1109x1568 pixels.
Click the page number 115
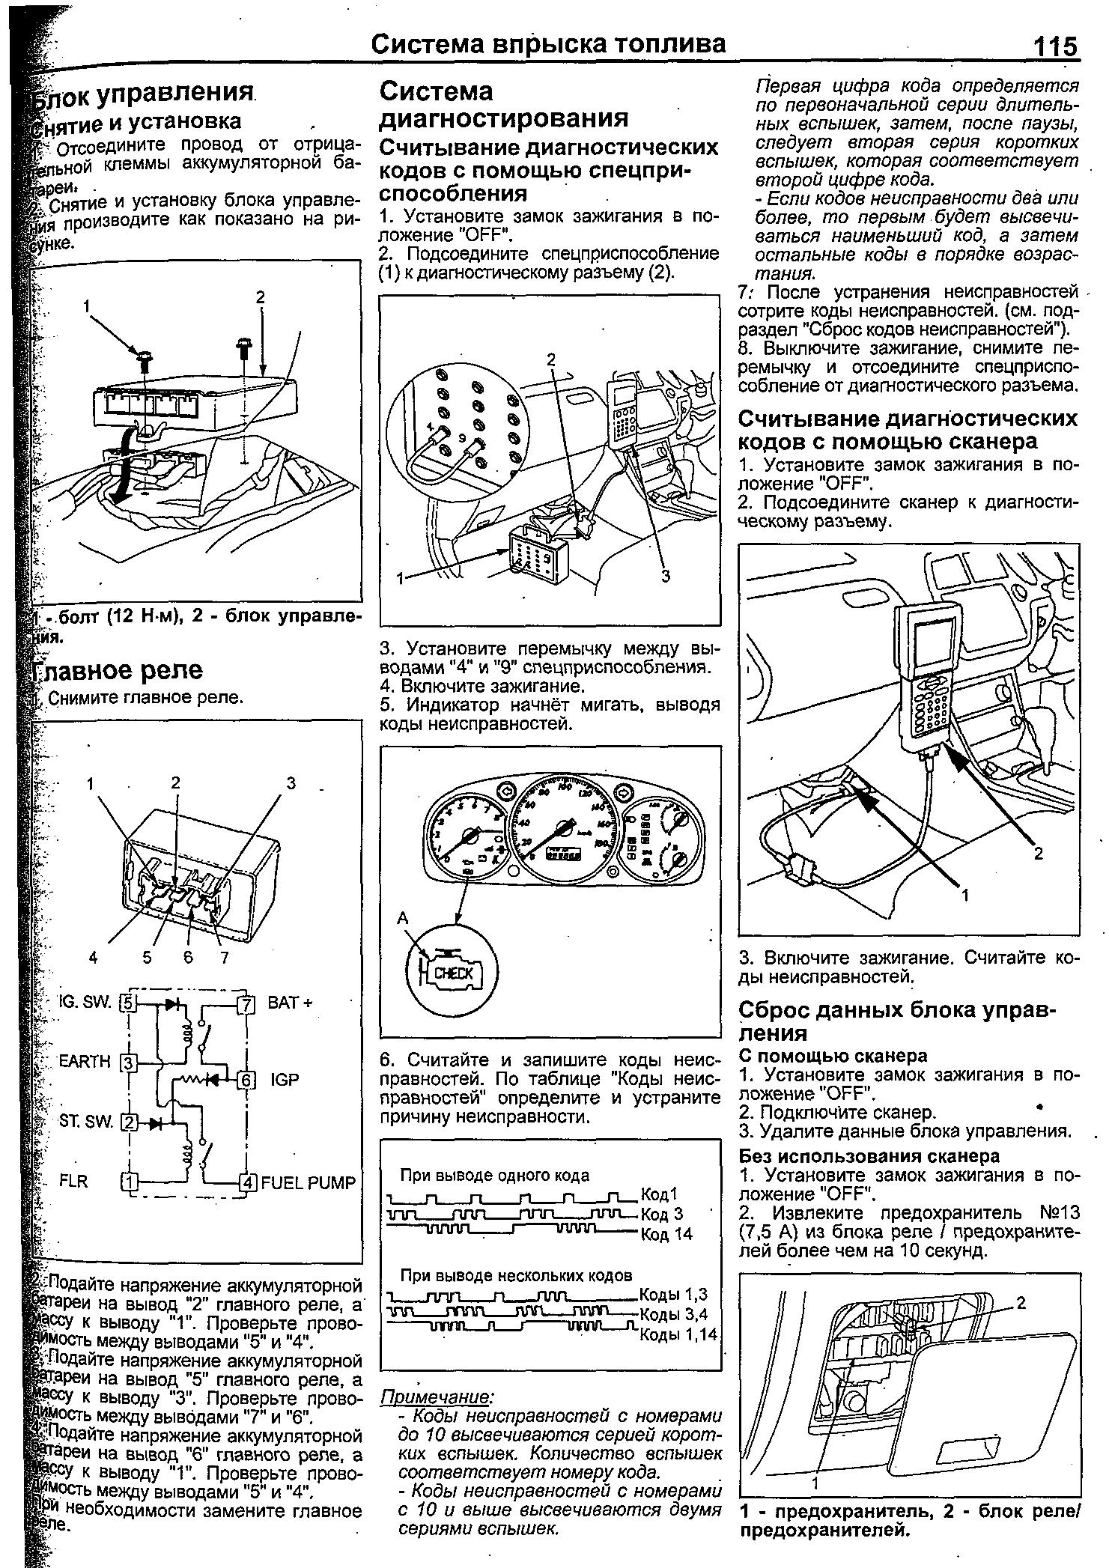pos(1055,46)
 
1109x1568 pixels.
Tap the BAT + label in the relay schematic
pos(289,1002)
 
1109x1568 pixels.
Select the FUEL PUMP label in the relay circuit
pos(308,1182)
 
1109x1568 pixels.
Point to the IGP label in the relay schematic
pos(285,1079)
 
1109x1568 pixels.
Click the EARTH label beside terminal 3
pos(85,1061)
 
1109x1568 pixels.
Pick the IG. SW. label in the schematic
pos(85,1001)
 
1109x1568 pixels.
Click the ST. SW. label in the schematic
pos(86,1121)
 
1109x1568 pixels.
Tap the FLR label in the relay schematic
pos(73,1181)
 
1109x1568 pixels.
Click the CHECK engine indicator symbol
pos(454,973)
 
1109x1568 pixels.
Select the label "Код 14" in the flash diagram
pos(667,1233)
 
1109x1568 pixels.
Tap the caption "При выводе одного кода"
pos(495,1175)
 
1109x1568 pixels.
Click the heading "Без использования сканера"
pos(869,1156)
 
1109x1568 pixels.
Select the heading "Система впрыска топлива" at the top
pos(549,44)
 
